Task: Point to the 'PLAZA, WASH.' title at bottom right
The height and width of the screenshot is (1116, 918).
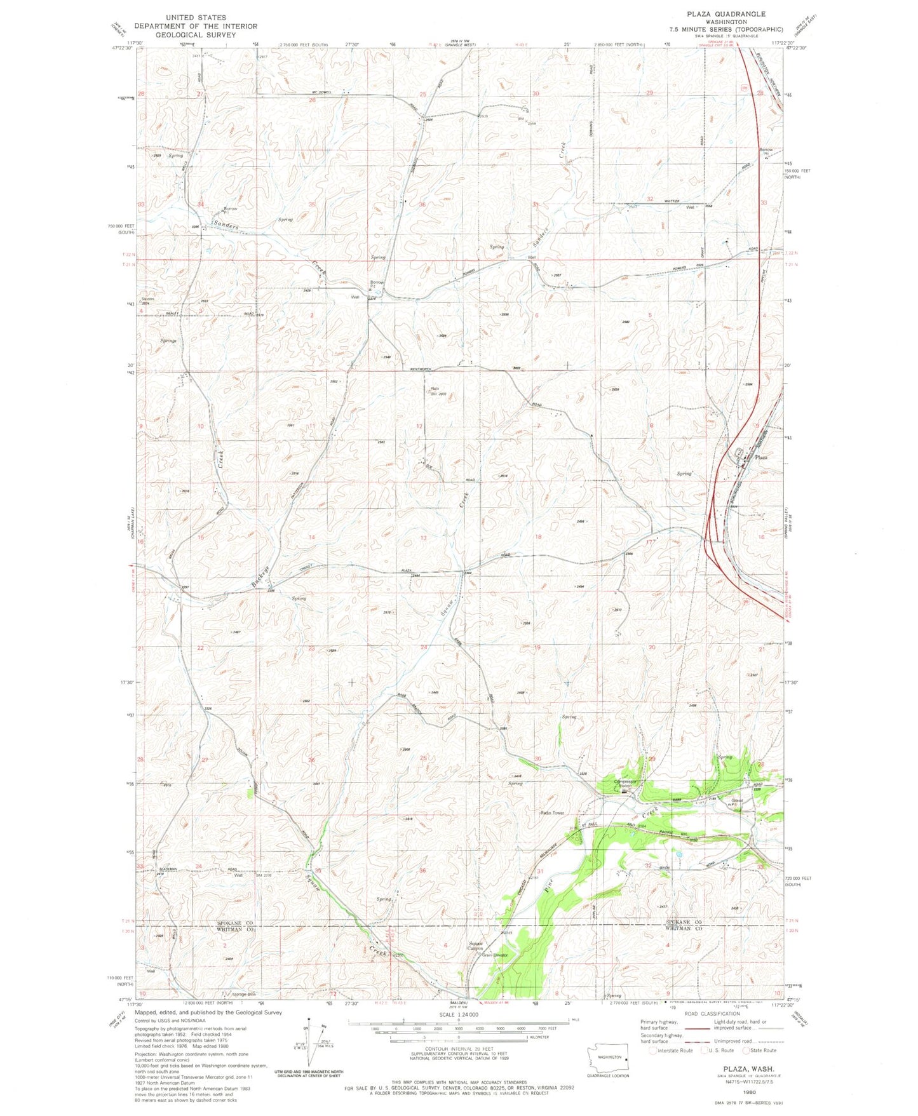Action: coord(744,1070)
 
